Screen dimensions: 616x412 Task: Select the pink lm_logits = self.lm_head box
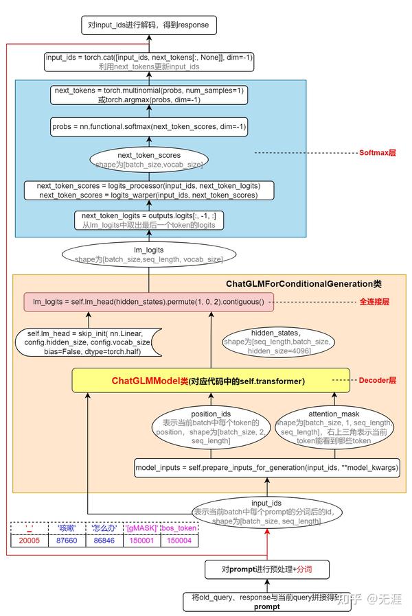(148, 300)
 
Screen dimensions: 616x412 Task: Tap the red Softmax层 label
(378, 152)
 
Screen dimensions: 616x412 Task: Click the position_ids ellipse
(210, 427)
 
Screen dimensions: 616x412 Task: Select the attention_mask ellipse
(334, 428)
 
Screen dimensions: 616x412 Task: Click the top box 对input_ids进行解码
(148, 25)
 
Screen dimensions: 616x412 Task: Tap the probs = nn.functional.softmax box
(148, 127)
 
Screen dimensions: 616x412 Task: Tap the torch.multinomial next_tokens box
(148, 95)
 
